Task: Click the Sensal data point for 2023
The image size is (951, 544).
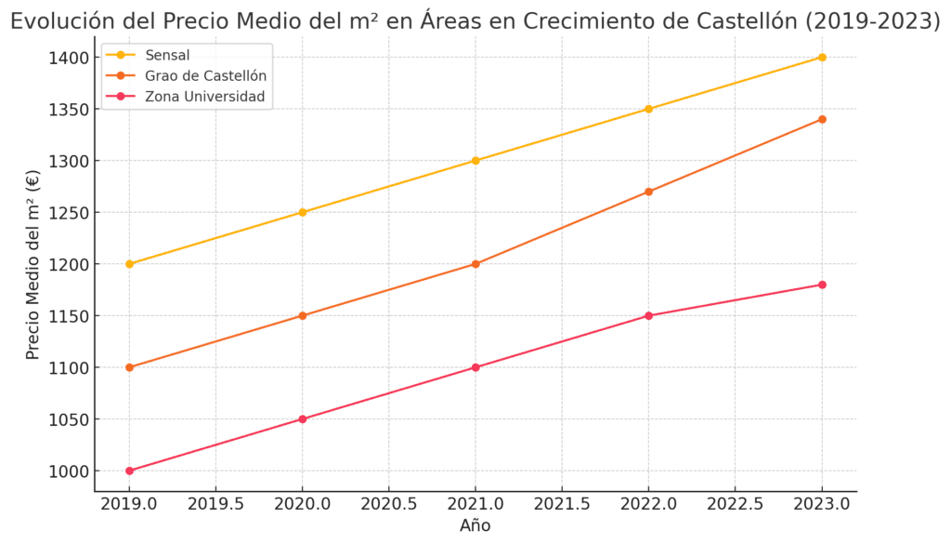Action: coord(822,58)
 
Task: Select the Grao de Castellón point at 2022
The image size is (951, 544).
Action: coord(648,192)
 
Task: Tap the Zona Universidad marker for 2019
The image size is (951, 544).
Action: coord(129,471)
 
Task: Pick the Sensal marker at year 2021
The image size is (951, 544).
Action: coord(475,161)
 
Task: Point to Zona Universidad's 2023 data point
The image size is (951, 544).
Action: coord(822,285)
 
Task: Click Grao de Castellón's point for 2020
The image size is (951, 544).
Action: coord(302,315)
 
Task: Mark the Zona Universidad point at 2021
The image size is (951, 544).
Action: coord(475,367)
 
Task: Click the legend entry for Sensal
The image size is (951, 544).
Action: coord(167,56)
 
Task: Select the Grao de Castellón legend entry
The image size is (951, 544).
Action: coord(199,76)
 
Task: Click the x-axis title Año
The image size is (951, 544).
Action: coord(475,526)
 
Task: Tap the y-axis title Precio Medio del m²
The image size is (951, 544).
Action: coord(33,264)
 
